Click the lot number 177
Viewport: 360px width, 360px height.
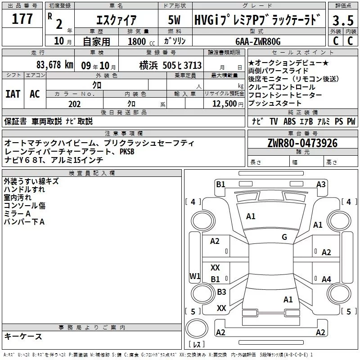[23, 20]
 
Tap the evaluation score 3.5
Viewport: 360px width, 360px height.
[342, 20]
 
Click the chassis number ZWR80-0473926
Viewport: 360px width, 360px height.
[302, 144]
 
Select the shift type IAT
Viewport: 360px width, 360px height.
[13, 94]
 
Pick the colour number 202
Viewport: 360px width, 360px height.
[74, 104]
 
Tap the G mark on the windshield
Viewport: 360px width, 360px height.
[284, 237]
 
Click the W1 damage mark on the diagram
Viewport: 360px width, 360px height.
[195, 276]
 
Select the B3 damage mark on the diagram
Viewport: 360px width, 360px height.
[221, 292]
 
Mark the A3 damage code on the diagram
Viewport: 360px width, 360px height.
[321, 184]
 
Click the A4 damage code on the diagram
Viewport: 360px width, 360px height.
[326, 279]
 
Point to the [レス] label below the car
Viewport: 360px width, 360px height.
[196, 345]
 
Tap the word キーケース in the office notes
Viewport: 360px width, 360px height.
[23, 336]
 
